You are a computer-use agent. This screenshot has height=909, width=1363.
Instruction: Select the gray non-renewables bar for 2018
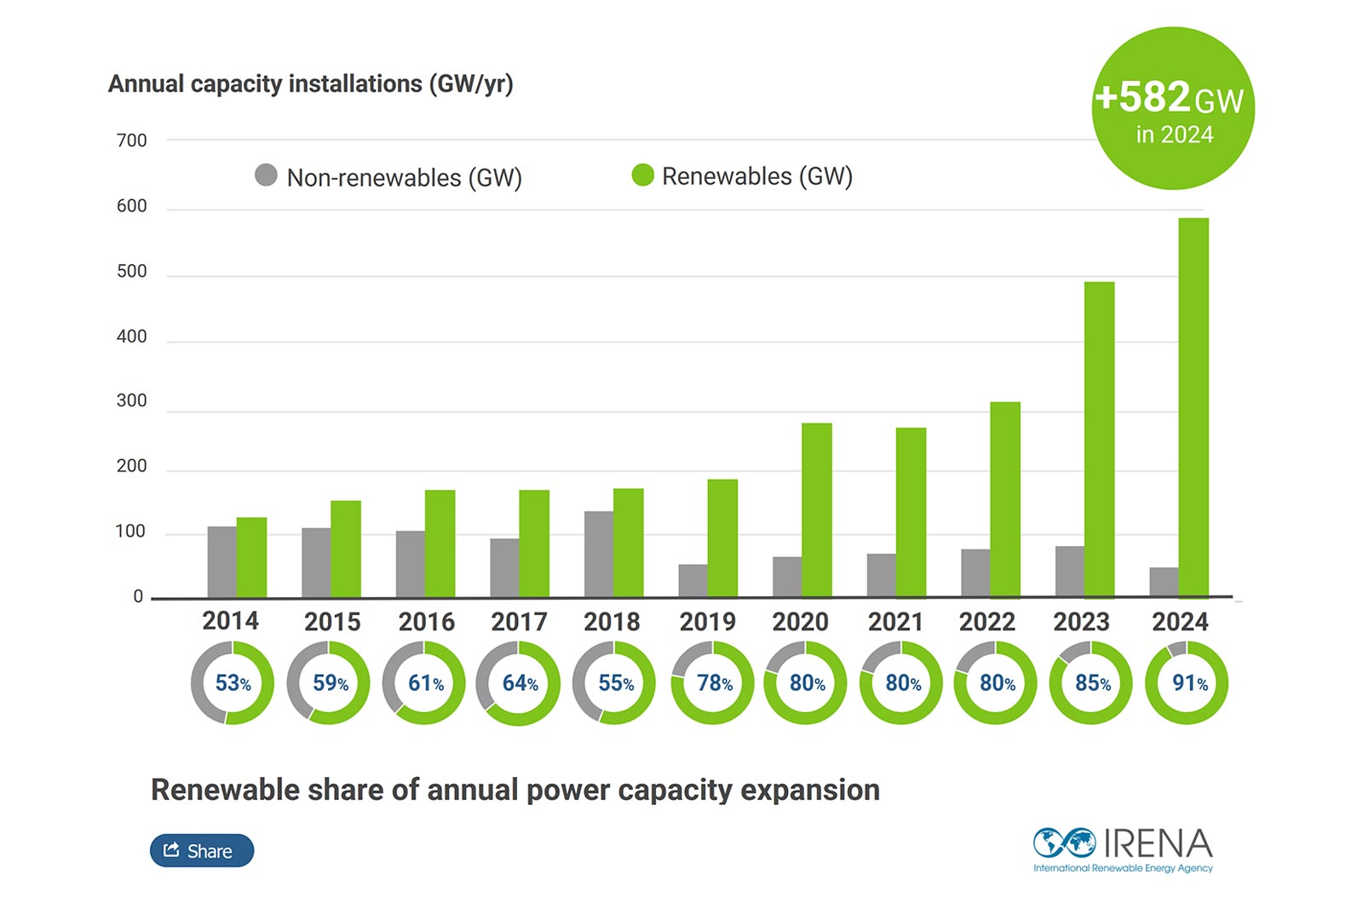tap(598, 554)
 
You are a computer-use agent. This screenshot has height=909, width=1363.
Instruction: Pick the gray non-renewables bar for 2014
tap(221, 561)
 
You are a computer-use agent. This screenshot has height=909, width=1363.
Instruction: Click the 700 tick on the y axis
tap(131, 141)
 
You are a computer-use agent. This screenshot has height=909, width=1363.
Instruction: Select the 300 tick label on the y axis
tap(131, 401)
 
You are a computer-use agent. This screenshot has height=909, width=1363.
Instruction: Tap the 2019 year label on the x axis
tap(707, 622)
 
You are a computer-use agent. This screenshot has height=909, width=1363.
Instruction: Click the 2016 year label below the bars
tap(426, 622)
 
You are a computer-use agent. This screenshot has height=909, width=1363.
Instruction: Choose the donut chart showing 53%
tap(232, 683)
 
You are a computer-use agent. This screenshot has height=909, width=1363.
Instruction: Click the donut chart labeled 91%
tap(1187, 683)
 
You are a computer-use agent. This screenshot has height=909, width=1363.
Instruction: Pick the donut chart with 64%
tap(518, 683)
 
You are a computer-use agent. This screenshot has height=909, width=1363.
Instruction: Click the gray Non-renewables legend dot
tap(266, 175)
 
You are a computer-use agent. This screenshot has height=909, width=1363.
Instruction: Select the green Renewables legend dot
tap(642, 175)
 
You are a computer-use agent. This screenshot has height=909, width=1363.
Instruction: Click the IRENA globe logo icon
tap(1064, 843)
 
